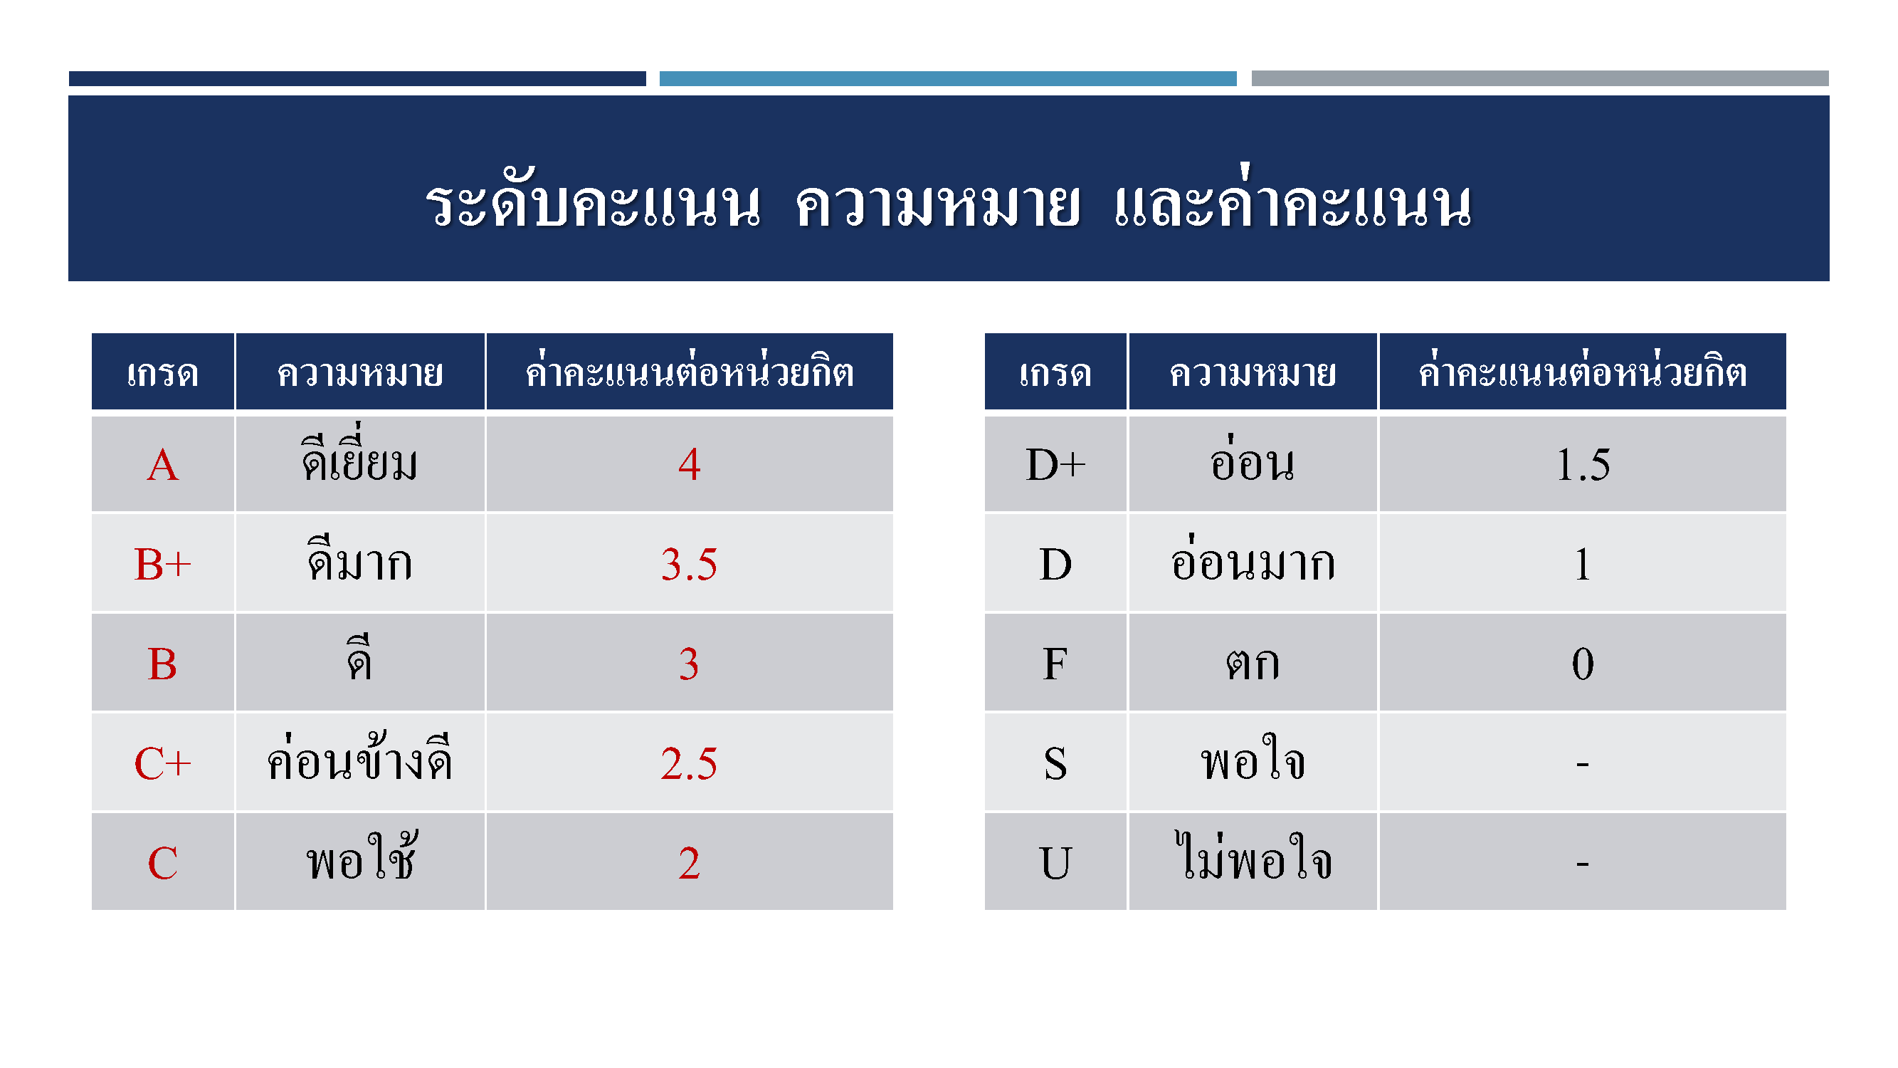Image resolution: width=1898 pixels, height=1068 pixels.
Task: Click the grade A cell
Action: tap(163, 464)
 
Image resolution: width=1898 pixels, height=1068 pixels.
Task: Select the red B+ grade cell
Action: tap(163, 564)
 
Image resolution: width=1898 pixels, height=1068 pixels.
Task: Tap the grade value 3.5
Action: tap(689, 564)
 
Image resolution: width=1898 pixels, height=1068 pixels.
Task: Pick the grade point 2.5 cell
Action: tap(689, 763)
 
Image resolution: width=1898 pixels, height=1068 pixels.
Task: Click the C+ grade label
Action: tap(163, 763)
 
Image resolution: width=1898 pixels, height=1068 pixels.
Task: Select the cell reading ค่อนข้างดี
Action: tap(359, 763)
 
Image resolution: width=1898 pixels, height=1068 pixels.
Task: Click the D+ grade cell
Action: tap(1056, 464)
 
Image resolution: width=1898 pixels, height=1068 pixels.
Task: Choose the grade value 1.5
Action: tap(1583, 464)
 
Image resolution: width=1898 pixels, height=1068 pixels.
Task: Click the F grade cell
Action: tap(1056, 664)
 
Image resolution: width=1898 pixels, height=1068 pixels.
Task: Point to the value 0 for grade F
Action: tap(1583, 664)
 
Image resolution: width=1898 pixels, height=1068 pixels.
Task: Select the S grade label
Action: tap(1056, 763)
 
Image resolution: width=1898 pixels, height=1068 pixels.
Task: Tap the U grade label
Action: tap(1056, 863)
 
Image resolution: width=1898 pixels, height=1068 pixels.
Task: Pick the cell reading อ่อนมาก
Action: tap(1253, 564)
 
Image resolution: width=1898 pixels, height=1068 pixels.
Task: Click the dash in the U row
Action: tap(1583, 863)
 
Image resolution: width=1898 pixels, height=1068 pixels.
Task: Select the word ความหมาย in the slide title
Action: tap(938, 205)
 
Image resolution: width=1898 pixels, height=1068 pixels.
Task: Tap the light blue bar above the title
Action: tap(947, 78)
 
